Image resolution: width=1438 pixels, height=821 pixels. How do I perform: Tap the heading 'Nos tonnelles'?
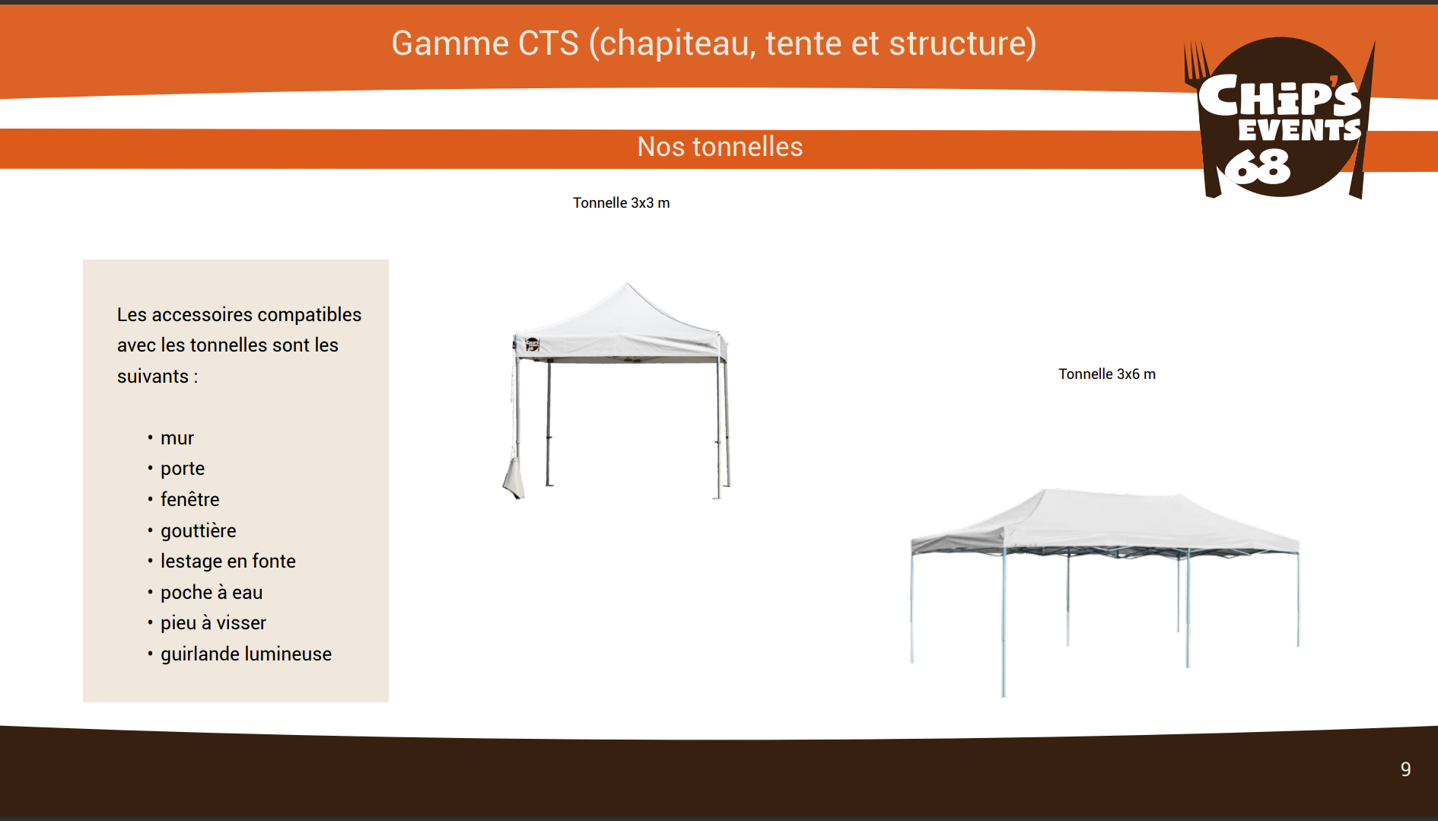(x=720, y=147)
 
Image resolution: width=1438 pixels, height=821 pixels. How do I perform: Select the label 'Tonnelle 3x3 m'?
(x=621, y=203)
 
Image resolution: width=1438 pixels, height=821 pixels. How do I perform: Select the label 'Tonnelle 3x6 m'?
(x=1107, y=374)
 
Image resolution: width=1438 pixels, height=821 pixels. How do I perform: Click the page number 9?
(x=1406, y=769)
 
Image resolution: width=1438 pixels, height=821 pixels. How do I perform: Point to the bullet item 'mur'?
(x=177, y=438)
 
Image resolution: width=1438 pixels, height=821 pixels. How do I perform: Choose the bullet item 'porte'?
(x=183, y=469)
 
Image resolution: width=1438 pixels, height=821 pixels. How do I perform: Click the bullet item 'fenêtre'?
(x=189, y=500)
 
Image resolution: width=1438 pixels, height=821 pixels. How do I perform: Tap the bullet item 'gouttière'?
(x=198, y=531)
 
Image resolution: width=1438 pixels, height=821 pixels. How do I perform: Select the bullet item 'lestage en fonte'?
(x=227, y=562)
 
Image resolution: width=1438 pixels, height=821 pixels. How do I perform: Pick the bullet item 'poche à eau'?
(x=212, y=593)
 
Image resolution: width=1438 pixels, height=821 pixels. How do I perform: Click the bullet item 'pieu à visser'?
(x=213, y=623)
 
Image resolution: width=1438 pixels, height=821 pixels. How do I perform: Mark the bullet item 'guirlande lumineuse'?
(x=246, y=654)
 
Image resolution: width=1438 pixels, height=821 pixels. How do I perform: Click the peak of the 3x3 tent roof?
(x=627, y=284)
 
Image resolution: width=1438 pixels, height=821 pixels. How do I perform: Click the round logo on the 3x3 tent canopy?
(x=532, y=345)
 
